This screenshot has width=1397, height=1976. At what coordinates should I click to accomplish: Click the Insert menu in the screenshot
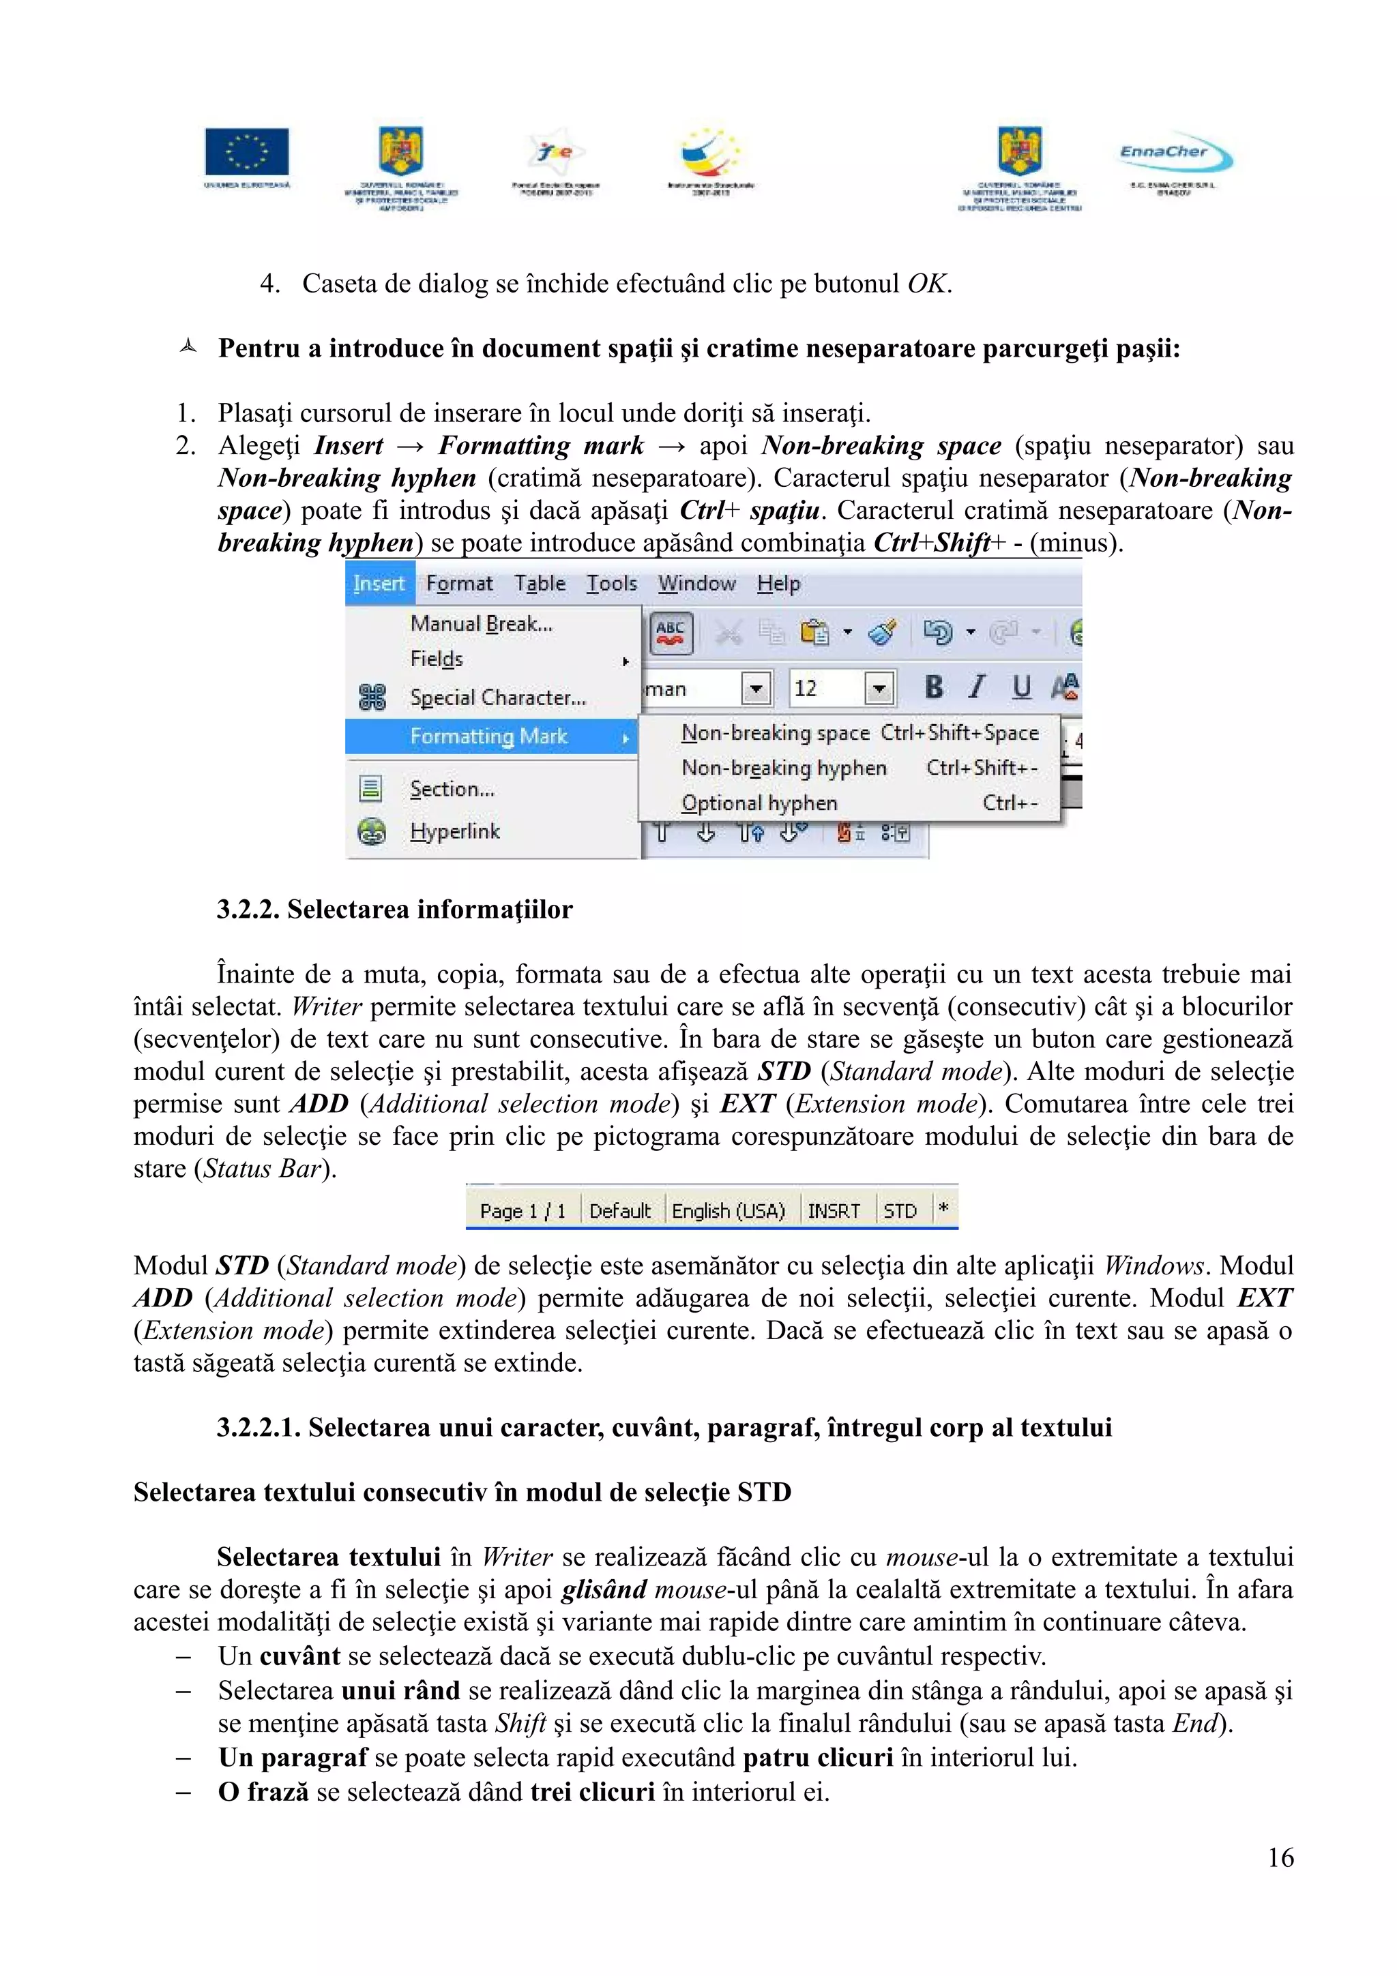tap(379, 584)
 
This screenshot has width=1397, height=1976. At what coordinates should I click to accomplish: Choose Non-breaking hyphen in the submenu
tap(783, 768)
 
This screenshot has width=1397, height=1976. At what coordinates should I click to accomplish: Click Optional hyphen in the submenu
tap(759, 803)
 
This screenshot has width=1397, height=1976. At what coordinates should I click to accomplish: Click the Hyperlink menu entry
tap(454, 831)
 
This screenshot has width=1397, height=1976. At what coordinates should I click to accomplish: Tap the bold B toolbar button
tap(934, 687)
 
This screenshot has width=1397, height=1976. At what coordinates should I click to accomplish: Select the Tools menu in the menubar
tap(611, 584)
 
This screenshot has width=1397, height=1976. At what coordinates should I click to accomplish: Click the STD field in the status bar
tap(900, 1211)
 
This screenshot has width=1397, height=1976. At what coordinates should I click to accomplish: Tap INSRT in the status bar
tap(833, 1211)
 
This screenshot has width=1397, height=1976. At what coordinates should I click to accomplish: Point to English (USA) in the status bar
tap(729, 1211)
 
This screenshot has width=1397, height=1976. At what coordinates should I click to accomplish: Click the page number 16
tap(1280, 1857)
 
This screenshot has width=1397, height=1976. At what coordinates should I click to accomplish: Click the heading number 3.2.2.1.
tap(259, 1428)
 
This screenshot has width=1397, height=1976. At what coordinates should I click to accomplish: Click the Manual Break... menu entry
tap(481, 624)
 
